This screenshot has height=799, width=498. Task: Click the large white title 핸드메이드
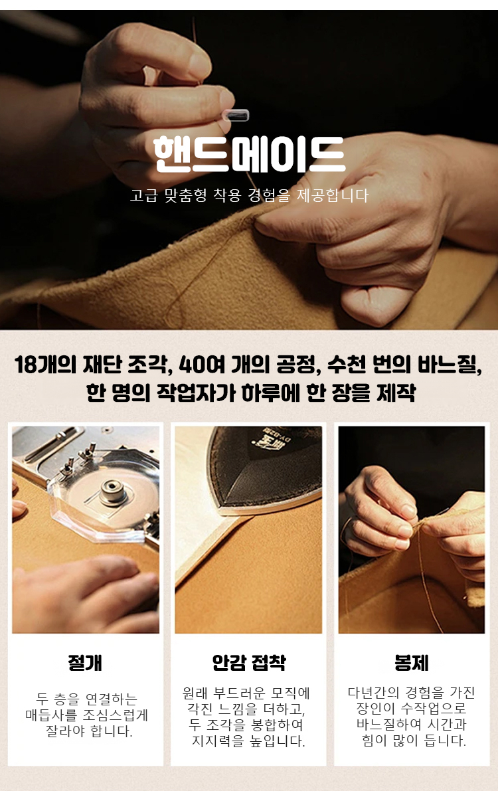coord(249,154)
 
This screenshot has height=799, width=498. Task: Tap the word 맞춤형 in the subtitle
coord(185,195)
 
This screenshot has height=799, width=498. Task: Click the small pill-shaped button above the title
coord(235,116)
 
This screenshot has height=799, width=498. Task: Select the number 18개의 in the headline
coord(45,365)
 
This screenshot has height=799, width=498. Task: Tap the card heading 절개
coord(85,663)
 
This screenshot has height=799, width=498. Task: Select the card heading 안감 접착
coord(249,663)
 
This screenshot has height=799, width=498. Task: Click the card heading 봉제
coord(412,663)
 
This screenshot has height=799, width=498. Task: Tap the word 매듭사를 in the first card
coord(51,715)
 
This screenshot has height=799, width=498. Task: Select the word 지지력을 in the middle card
coord(218,741)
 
